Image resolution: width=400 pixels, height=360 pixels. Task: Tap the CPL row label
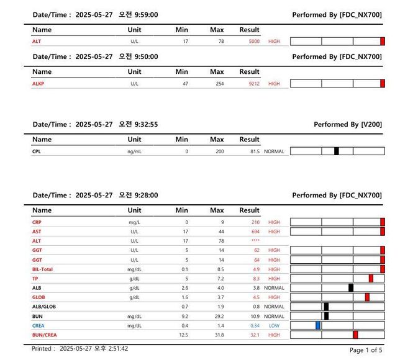(x=37, y=151)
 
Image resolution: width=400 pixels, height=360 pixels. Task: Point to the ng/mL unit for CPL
(x=134, y=151)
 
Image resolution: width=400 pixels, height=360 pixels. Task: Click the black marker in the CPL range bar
(x=337, y=151)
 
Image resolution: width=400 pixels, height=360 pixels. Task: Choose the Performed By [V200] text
(x=347, y=125)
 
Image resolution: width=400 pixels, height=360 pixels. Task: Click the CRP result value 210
(x=255, y=222)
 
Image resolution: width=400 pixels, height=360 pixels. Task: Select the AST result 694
(x=255, y=231)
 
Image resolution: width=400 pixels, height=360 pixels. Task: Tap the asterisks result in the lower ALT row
(x=255, y=241)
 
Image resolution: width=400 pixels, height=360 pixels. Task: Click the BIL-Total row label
(x=42, y=269)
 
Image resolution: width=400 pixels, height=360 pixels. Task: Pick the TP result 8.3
(x=255, y=279)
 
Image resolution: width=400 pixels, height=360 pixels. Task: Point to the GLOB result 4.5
(x=255, y=297)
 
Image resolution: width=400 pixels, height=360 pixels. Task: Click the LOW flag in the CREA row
(x=274, y=325)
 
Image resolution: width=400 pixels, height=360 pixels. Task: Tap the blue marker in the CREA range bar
(x=318, y=325)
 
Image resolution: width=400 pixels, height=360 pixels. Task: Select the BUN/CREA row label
(x=44, y=335)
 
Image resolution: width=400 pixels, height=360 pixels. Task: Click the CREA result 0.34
(x=255, y=325)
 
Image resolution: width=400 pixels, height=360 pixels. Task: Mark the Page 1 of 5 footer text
(x=366, y=350)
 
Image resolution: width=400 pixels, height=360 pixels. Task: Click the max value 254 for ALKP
(x=219, y=83)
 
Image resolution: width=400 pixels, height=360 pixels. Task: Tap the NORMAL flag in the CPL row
(x=274, y=151)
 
